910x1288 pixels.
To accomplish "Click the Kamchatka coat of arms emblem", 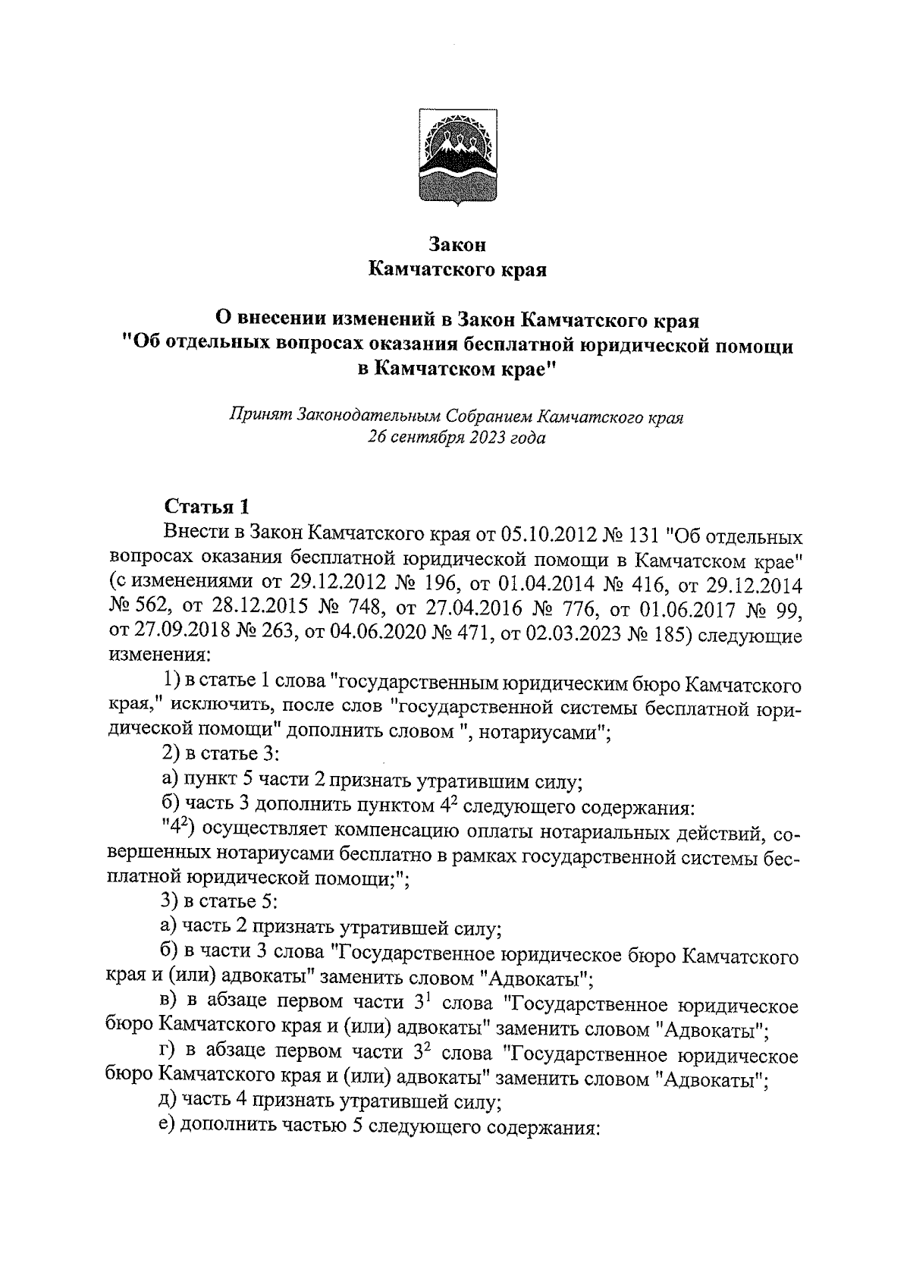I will (455, 159).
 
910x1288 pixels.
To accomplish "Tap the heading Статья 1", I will (206, 507).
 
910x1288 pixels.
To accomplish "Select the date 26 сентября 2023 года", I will (457, 438).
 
